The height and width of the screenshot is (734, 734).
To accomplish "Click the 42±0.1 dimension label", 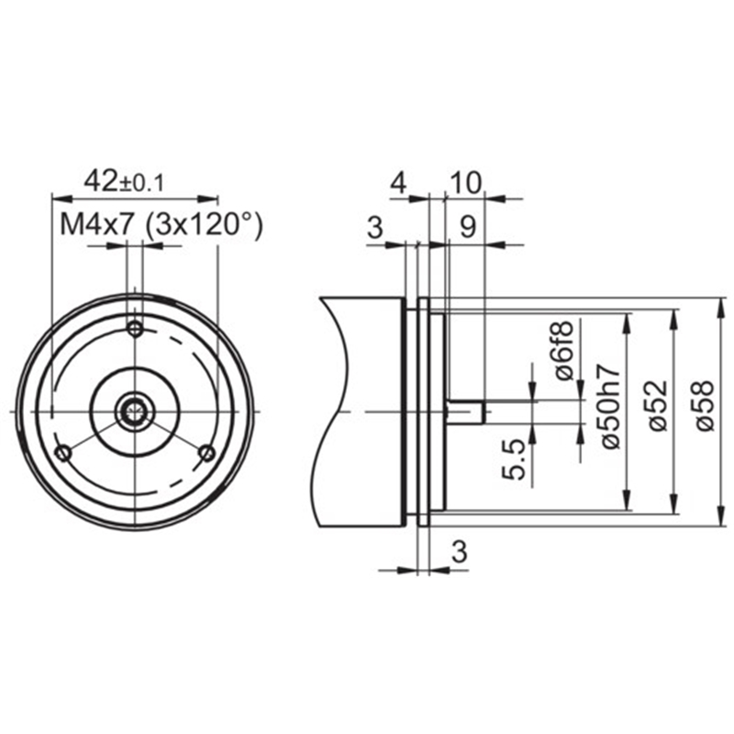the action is coord(124,182).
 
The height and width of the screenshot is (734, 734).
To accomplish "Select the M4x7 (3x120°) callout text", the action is coord(162,226).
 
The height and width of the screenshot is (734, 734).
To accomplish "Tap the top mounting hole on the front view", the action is coord(135,328).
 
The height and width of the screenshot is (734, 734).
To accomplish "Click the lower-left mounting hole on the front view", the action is coord(62,453).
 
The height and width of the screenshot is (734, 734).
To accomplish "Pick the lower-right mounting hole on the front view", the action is coord(207,452).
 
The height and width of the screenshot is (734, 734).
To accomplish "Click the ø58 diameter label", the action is coord(704,406).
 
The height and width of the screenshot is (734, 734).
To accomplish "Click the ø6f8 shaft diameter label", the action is coord(563,350).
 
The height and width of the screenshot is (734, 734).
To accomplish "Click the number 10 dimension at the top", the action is coord(465,183).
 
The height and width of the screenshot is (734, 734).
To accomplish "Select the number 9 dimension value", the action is coord(468,227).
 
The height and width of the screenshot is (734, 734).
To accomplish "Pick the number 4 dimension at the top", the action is coord(398,183).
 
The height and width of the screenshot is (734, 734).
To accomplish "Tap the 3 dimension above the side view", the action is coord(375,228).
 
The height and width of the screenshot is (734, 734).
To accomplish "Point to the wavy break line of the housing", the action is coord(334,412).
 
